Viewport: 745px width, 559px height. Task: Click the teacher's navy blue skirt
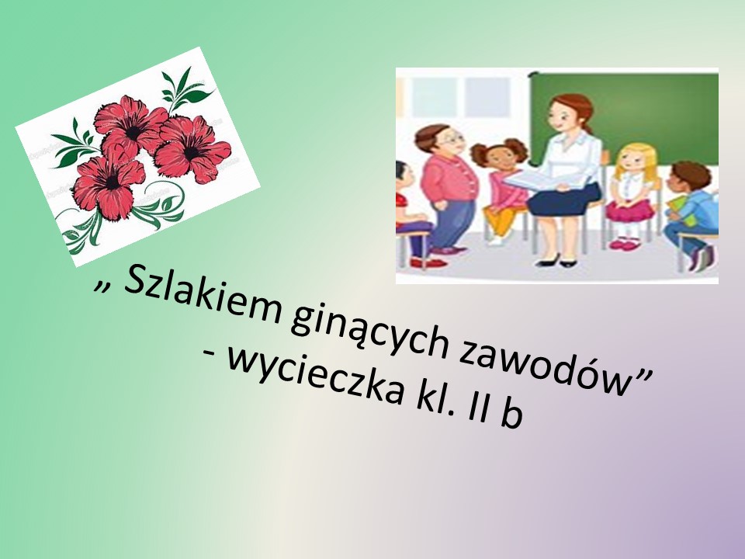tap(564, 199)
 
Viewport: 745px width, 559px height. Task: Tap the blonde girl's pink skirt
tap(629, 210)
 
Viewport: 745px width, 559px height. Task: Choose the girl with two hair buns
tap(501, 190)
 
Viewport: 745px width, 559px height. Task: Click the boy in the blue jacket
tap(691, 215)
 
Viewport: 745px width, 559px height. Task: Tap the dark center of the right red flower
tap(191, 153)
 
